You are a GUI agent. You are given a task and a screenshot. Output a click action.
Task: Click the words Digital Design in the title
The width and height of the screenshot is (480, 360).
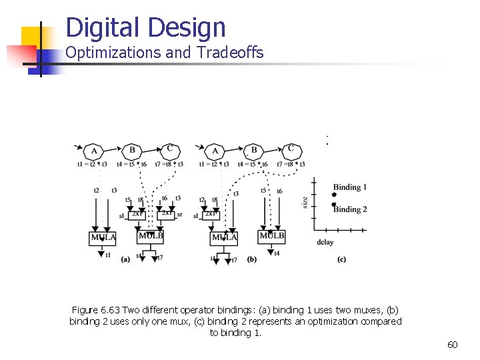pyautogui.click(x=146, y=27)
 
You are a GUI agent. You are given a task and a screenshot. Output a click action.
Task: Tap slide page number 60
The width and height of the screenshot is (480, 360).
pyautogui.click(x=452, y=345)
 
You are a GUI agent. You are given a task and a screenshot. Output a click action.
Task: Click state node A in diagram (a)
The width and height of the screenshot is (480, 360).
pyautogui.click(x=95, y=151)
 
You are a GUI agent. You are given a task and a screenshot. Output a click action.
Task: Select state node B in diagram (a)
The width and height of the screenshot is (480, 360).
pyautogui.click(x=132, y=151)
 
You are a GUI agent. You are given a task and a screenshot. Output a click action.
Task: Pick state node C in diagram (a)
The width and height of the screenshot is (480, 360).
pyautogui.click(x=170, y=149)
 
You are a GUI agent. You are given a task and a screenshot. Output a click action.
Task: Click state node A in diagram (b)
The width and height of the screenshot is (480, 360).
pyautogui.click(x=215, y=151)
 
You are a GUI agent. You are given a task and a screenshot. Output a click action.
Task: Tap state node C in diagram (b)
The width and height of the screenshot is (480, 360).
pyautogui.click(x=291, y=149)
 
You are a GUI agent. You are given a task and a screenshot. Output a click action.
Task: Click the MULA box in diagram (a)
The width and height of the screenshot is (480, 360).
pyautogui.click(x=102, y=237)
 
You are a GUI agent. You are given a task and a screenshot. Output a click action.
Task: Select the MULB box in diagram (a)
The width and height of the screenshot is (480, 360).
pyautogui.click(x=150, y=236)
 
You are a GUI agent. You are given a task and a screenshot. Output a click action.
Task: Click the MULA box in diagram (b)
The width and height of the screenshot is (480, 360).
pyautogui.click(x=224, y=237)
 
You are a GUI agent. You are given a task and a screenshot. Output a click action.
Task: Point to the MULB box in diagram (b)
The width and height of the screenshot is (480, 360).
pyautogui.click(x=272, y=236)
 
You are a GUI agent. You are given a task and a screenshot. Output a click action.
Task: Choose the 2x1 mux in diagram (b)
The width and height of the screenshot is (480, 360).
pyautogui.click(x=211, y=214)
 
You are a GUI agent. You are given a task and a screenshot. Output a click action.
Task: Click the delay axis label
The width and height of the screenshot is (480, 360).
pyautogui.click(x=326, y=243)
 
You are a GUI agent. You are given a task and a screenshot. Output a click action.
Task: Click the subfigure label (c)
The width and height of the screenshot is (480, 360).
pyautogui.click(x=341, y=259)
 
